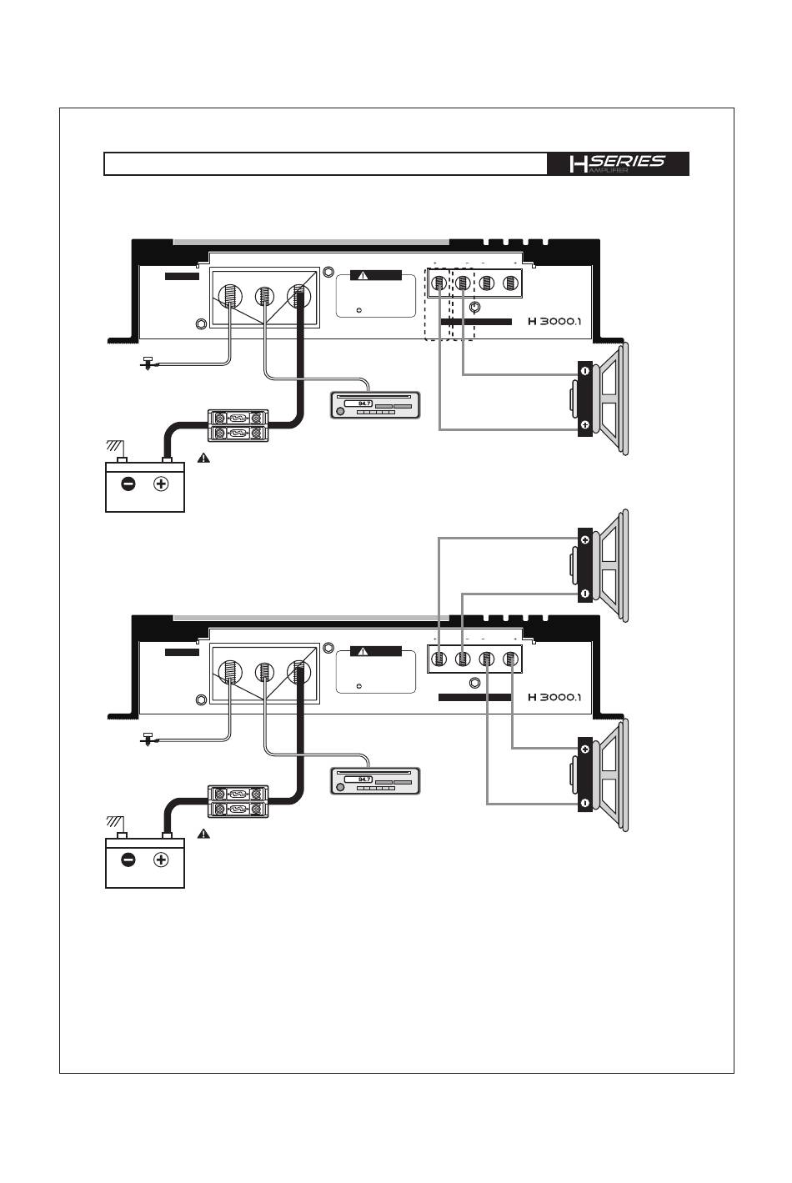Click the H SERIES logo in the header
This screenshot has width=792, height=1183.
click(x=618, y=163)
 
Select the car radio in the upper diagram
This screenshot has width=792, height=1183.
click(x=374, y=406)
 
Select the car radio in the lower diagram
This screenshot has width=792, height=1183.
click(x=374, y=782)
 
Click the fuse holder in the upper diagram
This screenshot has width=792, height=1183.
click(x=238, y=425)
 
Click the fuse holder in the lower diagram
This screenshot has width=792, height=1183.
click(x=238, y=801)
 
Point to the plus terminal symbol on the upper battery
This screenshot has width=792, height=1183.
click(x=161, y=484)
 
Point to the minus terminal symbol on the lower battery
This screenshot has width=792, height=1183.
click(x=128, y=860)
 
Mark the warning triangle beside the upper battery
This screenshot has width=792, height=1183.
click(x=204, y=458)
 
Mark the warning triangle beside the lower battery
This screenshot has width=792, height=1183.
click(x=204, y=834)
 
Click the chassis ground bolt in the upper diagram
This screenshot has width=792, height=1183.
click(x=148, y=363)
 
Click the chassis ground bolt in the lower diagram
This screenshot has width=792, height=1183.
click(x=148, y=739)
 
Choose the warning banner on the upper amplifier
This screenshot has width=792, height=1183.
click(x=375, y=275)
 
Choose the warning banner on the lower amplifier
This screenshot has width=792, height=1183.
click(x=375, y=651)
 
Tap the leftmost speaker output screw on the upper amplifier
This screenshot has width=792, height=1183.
click(x=439, y=283)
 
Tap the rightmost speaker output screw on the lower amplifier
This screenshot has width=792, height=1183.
click(x=510, y=659)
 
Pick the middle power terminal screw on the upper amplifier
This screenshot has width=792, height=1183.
click(x=264, y=295)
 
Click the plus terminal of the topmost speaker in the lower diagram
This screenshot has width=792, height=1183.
click(x=585, y=540)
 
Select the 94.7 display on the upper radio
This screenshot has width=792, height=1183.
click(x=363, y=404)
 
